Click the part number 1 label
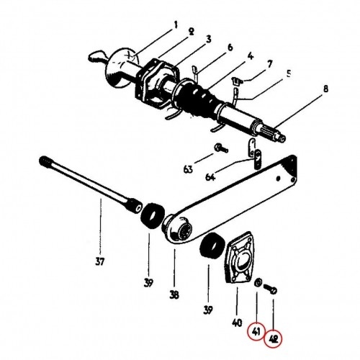[176, 24]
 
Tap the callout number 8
[325, 89]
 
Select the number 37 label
[100, 261]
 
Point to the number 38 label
[174, 294]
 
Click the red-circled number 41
[256, 332]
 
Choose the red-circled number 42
[274, 339]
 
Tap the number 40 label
[237, 323]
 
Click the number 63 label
[188, 169]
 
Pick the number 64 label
[210, 177]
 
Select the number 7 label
[270, 64]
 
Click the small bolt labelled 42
[271, 289]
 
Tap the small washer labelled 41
[258, 282]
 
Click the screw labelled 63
[222, 148]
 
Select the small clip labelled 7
[237, 81]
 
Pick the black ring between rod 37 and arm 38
[153, 215]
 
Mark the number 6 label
[230, 48]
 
